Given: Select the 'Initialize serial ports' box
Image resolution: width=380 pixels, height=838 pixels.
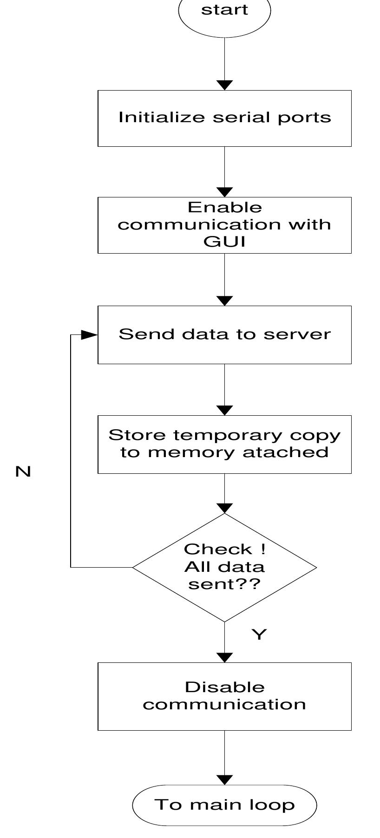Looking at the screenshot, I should tap(224, 118).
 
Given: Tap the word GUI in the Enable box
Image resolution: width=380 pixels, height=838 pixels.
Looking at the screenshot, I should tap(224, 242).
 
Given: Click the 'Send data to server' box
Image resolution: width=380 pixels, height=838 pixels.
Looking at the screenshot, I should tap(224, 334).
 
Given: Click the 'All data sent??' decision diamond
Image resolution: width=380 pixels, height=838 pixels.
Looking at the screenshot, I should tap(224, 567).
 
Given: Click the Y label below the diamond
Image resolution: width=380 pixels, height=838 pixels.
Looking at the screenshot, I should tap(259, 635).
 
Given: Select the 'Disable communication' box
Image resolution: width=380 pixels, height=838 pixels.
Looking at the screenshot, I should tap(224, 696).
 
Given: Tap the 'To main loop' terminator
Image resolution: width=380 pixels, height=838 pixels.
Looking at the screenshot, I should tap(224, 805).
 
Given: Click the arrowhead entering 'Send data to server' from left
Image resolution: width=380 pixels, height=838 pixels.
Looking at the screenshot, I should tap(89, 335).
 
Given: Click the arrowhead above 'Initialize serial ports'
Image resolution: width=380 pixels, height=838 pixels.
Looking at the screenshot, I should tap(225, 85).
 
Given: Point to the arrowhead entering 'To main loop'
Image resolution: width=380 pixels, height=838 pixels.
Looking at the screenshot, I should tap(225, 780).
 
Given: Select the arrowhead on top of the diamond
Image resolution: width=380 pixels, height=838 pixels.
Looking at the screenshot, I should tap(225, 508).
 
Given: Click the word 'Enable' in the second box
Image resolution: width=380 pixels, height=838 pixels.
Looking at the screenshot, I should tap(224, 207).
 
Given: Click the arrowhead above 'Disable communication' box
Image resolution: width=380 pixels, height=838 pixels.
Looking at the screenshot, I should tap(225, 657).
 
